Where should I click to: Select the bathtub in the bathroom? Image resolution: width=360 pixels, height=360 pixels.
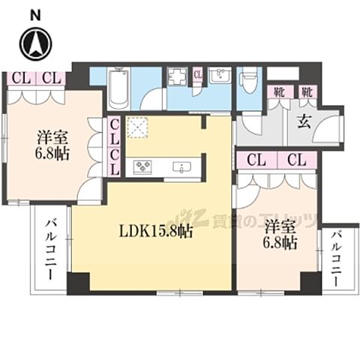tap(118, 89)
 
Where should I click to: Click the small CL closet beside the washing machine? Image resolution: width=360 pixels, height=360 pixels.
tap(197, 74)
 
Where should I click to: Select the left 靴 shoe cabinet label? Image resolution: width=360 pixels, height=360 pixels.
tap(277, 93)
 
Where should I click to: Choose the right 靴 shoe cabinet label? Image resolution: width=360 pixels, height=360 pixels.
tap(306, 93)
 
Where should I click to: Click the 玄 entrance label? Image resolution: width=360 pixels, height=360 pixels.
tap(304, 121)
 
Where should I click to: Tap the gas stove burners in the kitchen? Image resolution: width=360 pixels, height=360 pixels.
tap(143, 166)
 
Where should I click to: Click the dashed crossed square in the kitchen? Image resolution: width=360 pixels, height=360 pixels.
tap(138, 128)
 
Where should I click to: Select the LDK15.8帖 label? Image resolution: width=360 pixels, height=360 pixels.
tap(157, 231)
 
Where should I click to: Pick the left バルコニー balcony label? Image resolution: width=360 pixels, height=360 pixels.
tap(52, 247)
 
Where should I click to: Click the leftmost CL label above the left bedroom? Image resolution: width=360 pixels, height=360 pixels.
tap(19, 77)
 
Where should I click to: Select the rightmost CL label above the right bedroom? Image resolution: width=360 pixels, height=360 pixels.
tap(295, 159)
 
